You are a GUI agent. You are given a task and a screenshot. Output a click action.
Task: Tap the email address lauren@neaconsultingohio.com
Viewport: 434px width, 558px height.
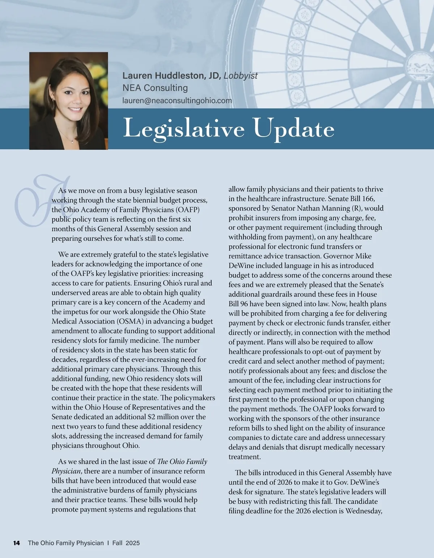[x=177, y=100]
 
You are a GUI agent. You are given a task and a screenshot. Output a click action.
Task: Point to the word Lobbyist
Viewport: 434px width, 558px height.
[x=241, y=75]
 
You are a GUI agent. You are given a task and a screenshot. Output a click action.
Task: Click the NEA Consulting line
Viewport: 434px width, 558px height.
[x=155, y=88]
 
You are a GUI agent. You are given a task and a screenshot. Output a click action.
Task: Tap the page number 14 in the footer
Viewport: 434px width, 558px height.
[x=16, y=543]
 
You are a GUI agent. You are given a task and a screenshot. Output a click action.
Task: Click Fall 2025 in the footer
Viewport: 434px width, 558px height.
[x=126, y=543]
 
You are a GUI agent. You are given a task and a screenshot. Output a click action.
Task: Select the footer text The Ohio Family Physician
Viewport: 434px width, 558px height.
[x=65, y=543]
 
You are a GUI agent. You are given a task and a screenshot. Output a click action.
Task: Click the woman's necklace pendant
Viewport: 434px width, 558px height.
[x=72, y=141]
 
